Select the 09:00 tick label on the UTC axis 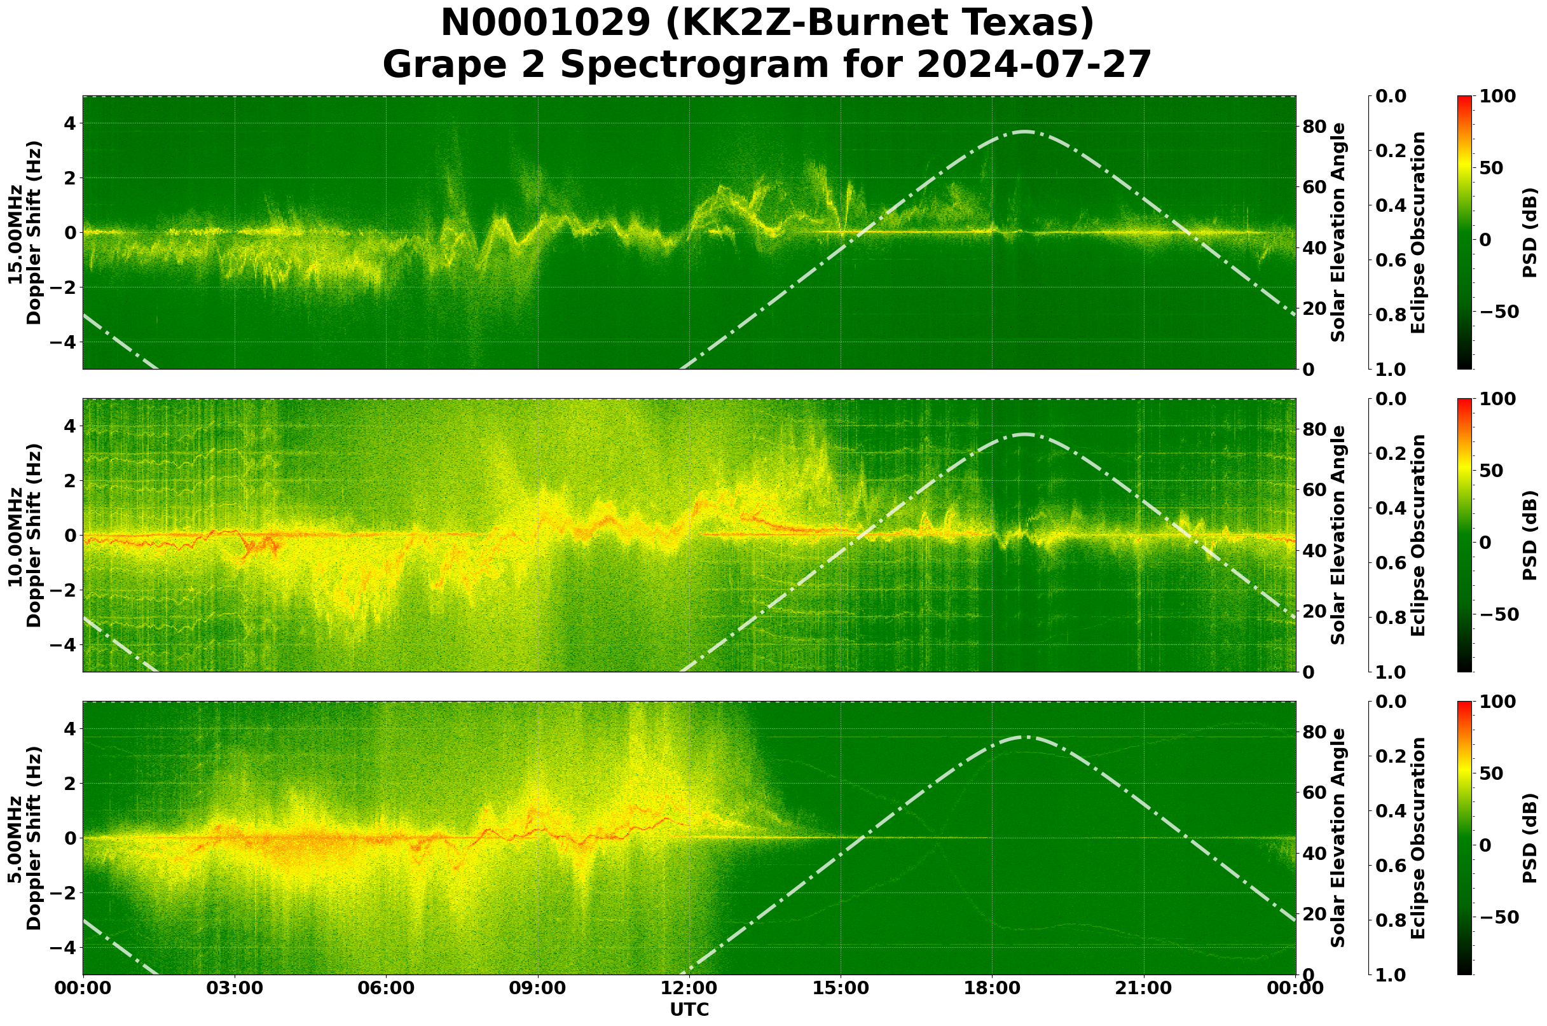click(x=538, y=988)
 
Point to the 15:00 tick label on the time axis click(x=841, y=988)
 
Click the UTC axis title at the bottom click(x=689, y=1009)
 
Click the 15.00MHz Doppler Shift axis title click(x=24, y=232)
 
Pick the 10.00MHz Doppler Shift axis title click(x=24, y=535)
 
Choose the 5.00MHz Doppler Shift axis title click(x=24, y=838)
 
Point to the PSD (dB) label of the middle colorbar click(x=1529, y=535)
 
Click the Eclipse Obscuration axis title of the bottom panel click(x=1417, y=838)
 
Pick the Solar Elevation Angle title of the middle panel click(x=1338, y=535)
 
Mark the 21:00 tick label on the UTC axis click(x=1144, y=988)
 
